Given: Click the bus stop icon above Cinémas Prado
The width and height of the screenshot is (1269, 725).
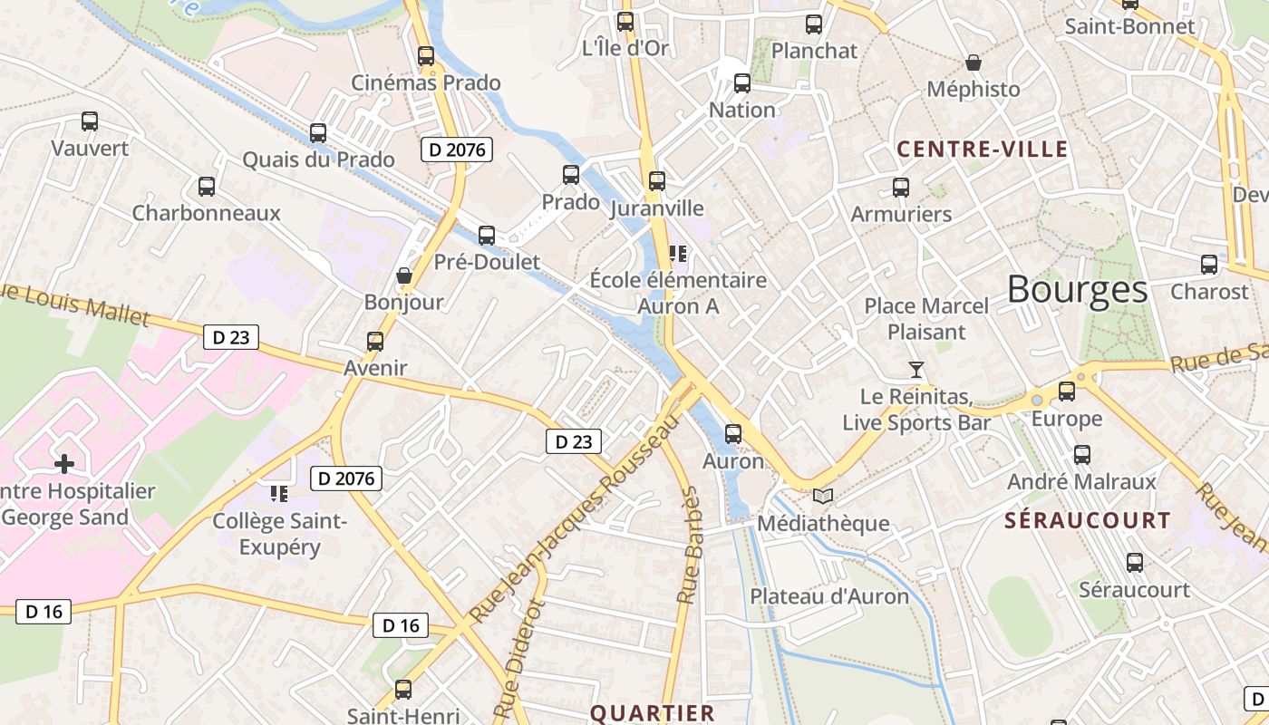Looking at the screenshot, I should pos(426,56).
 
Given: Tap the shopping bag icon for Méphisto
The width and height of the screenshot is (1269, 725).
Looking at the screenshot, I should pos(974,63).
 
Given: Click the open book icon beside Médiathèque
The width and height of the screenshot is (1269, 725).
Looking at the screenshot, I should pos(823,496).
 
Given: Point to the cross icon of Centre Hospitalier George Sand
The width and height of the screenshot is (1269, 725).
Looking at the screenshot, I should pos(64,465).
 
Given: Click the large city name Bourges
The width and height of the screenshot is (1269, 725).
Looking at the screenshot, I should pos(1077,290).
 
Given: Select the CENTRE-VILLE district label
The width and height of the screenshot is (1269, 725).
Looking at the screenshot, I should pos(983,150).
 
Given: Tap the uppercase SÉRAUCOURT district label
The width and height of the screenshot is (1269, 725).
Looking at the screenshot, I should pos(1088,520).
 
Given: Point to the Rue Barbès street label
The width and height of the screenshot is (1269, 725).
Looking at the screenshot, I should pos(690,546).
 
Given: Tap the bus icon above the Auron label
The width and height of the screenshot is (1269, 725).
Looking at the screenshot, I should pos(733,434).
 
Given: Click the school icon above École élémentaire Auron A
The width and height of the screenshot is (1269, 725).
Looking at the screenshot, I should pos(677,253).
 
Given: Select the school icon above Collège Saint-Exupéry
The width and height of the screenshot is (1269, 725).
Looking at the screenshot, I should pos(279,494).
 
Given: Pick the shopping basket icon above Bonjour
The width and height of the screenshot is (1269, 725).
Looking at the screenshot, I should pos(404,275).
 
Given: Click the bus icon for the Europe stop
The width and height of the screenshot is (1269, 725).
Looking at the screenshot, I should pos(1067,391).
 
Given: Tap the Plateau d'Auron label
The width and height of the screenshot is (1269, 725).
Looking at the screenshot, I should pos(828,595).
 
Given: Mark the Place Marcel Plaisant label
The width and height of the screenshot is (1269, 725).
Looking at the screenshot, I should pos(926,319).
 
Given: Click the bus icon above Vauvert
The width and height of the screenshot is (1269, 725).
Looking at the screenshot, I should pos(90,121).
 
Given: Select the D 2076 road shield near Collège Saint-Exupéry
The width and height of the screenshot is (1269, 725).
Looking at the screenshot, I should pos(345,478).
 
